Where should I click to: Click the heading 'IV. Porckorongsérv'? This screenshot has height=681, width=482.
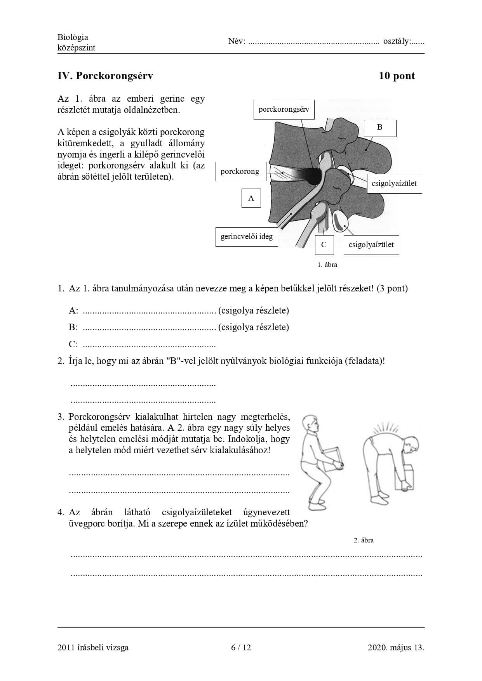click(105, 76)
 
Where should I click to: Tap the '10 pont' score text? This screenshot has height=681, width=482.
click(397, 76)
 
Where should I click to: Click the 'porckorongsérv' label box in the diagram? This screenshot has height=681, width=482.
click(284, 109)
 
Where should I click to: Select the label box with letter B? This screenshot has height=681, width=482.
click(380, 128)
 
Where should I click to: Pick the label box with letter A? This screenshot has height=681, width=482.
click(251, 198)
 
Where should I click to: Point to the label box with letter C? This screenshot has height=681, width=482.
click(324, 245)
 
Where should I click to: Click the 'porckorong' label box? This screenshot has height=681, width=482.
click(240, 172)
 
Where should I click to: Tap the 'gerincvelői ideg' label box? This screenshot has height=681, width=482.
click(247, 236)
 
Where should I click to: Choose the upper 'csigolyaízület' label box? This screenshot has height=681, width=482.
click(394, 184)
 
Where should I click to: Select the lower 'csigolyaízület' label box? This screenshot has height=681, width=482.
click(371, 245)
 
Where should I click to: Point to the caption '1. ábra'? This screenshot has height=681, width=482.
click(327, 265)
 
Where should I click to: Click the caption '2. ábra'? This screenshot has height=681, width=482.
click(364, 540)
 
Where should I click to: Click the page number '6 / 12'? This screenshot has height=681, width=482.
click(241, 647)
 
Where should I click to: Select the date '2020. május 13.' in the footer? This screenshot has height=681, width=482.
click(396, 647)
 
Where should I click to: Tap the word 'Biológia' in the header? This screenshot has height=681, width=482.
click(73, 37)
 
